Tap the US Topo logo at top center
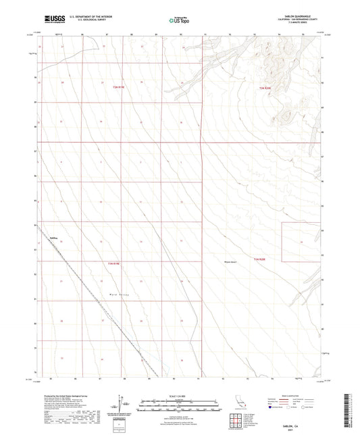click(178, 21)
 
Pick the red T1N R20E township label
click(262, 259)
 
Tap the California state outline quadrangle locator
click(240, 407)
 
